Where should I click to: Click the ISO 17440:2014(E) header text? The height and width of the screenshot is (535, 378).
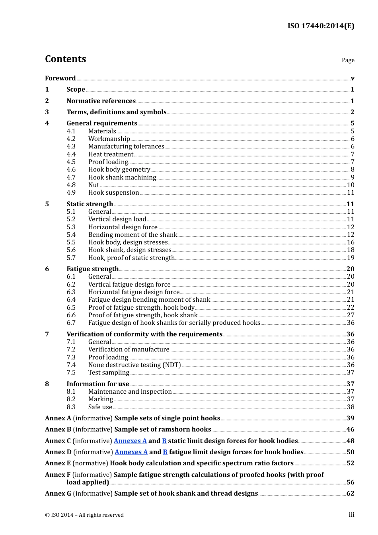(x=321, y=26)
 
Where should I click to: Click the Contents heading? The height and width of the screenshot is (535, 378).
(x=65, y=59)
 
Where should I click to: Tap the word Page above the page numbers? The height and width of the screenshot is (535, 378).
(x=348, y=60)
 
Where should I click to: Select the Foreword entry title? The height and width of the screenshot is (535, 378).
(x=60, y=78)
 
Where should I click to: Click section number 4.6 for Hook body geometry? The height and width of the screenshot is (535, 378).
(x=71, y=170)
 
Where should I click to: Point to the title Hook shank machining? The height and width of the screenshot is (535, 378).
(x=122, y=178)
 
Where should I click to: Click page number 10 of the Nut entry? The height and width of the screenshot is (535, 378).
(x=351, y=185)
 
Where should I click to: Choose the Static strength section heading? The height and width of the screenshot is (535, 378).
(x=90, y=204)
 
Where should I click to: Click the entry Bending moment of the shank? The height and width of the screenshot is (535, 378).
(x=132, y=235)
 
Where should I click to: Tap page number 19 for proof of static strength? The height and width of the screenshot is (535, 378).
(x=351, y=258)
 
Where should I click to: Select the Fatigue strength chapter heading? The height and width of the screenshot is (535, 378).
(x=92, y=269)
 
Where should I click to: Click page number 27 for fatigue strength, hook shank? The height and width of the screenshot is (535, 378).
(x=351, y=315)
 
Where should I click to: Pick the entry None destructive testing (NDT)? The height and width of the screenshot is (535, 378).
(x=134, y=365)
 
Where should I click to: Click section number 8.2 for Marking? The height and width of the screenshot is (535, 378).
(x=71, y=399)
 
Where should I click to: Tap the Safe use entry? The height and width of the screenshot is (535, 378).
(x=100, y=407)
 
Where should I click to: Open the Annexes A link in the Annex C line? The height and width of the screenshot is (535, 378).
(x=130, y=441)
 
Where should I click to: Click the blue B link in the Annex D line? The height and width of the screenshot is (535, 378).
(x=165, y=452)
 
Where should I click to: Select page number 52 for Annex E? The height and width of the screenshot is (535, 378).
(x=350, y=463)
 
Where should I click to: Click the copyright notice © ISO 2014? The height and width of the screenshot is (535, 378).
(x=84, y=515)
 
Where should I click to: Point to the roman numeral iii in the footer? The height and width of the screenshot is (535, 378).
(x=351, y=515)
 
